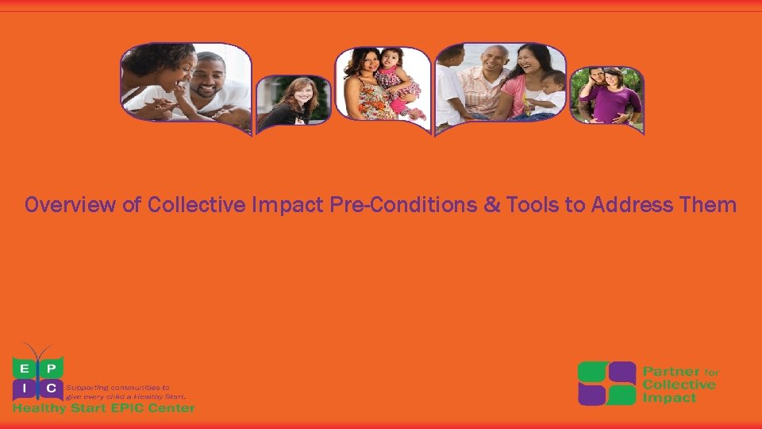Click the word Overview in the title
point(71,206)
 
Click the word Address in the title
point(625,206)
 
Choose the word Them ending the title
point(708,206)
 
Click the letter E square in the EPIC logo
point(24,368)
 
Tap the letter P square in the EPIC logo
point(52,368)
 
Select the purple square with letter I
point(24,389)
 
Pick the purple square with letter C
point(52,389)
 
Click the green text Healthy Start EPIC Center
point(103,408)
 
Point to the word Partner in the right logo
point(671,372)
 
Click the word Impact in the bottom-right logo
point(668,397)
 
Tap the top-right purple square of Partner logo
point(622,372)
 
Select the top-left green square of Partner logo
point(592,372)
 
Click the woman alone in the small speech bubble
point(294,101)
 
